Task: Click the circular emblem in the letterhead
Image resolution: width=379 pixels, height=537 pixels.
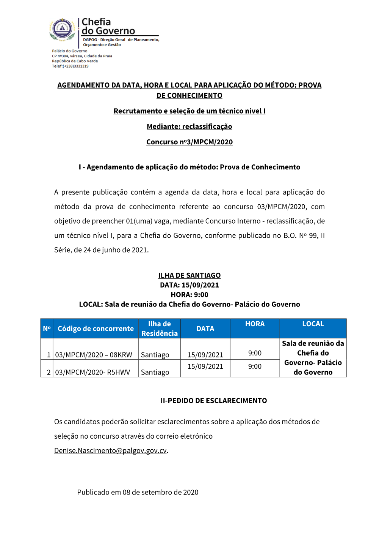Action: point(63,29)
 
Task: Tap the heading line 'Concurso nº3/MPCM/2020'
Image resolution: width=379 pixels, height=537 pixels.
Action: point(189,142)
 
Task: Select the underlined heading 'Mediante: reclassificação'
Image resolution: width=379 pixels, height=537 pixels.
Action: point(189,126)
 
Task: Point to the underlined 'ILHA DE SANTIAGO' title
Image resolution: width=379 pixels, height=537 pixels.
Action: point(189,275)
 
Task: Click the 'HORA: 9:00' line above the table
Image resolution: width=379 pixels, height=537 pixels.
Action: point(189,295)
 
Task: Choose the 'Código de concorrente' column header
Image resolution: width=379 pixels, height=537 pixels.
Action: point(96,329)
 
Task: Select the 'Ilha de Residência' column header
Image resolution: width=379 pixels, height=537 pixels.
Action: point(160,329)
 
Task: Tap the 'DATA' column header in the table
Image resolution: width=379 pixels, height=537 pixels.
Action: point(205,329)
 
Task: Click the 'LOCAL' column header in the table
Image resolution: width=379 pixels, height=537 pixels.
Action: point(313,324)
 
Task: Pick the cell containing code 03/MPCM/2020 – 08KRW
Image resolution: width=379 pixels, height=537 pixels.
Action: point(94,355)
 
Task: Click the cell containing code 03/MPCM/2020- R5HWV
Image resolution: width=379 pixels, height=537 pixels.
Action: point(92,372)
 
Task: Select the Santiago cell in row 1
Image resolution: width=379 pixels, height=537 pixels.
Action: point(155,355)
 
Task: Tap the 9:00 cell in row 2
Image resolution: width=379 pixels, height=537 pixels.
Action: point(255,366)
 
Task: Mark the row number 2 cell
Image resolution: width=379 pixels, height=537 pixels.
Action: point(49,372)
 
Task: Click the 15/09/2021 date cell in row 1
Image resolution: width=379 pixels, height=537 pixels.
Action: point(205,355)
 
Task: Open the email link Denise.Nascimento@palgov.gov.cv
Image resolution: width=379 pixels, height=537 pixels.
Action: point(110,450)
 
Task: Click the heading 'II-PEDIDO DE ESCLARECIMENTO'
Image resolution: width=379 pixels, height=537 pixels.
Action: point(214,401)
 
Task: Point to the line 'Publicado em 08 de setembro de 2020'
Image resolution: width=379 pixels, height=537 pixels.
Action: point(138,492)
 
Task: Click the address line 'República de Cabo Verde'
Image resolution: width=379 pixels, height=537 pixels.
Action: point(75,61)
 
